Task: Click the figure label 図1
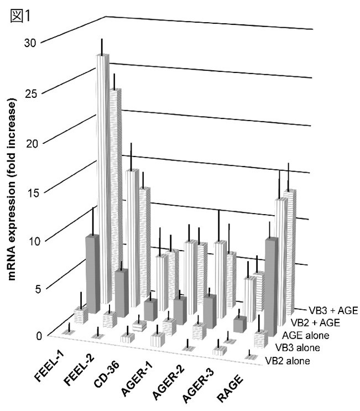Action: click(x=20, y=16)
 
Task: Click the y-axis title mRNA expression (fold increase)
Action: click(x=11, y=188)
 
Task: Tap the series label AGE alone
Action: click(x=306, y=335)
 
